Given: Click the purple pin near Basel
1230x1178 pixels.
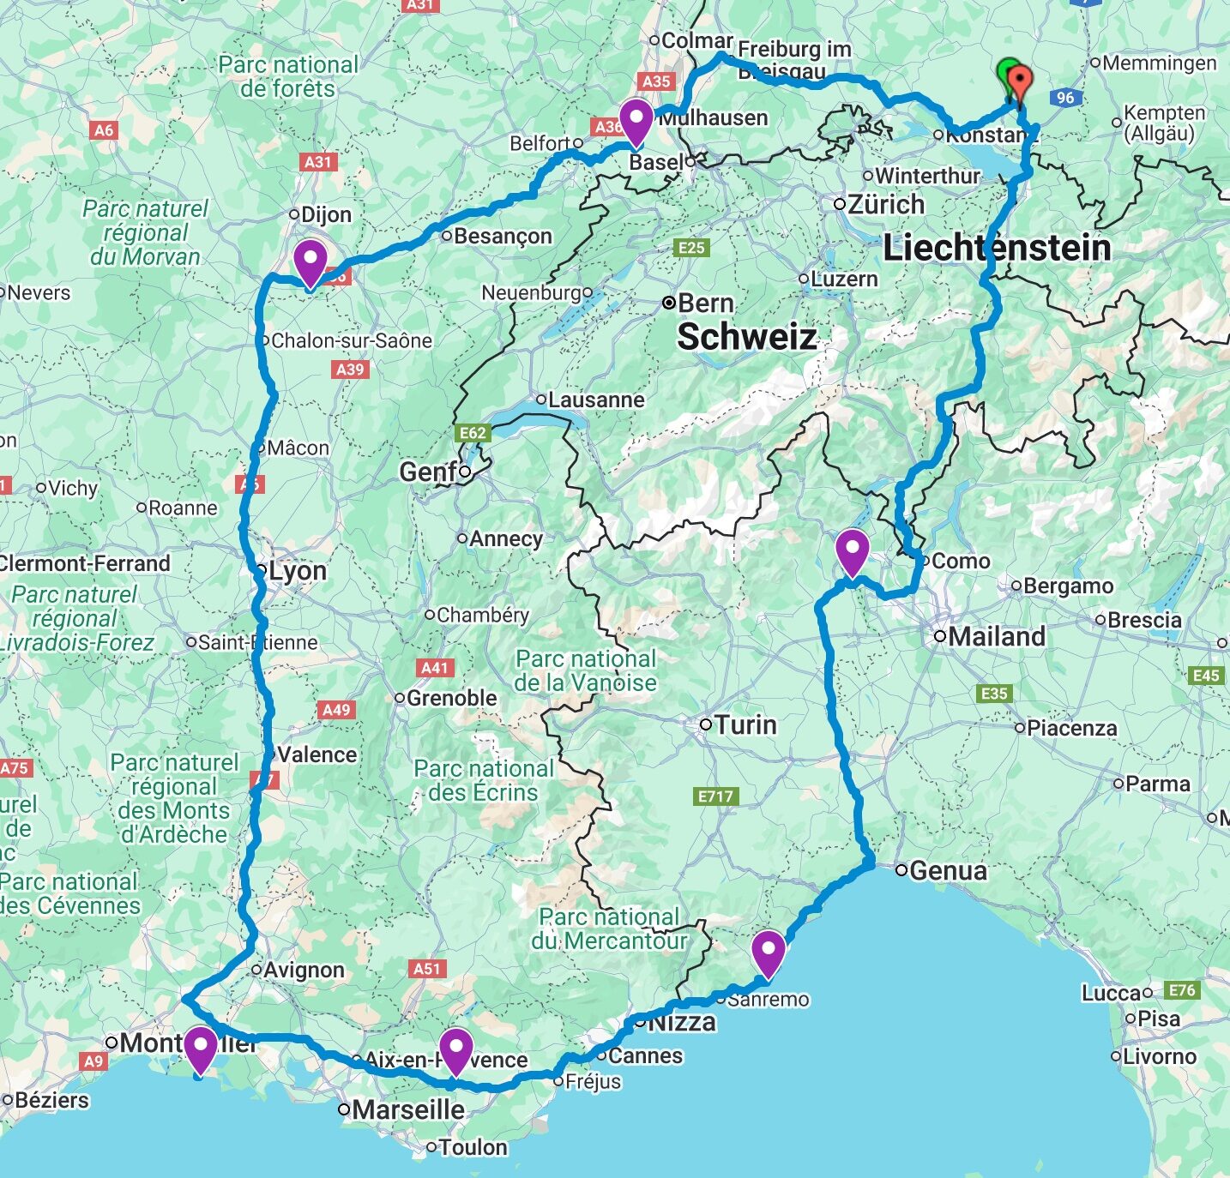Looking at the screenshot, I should [x=636, y=121].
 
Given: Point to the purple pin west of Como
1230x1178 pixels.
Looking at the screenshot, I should [x=852, y=551].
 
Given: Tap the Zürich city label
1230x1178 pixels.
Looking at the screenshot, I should [x=886, y=205].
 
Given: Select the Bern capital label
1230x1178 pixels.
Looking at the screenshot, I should [x=705, y=304].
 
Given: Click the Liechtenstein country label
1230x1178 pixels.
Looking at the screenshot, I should [x=997, y=248].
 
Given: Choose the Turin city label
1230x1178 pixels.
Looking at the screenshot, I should [x=745, y=725].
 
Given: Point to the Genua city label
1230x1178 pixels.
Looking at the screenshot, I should [x=948, y=871].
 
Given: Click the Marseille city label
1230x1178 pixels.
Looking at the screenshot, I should [x=408, y=1109].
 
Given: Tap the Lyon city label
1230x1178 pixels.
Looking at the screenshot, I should [x=297, y=571].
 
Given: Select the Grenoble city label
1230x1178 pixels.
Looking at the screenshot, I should [x=451, y=698].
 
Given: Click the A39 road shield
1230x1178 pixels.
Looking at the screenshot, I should [x=350, y=370].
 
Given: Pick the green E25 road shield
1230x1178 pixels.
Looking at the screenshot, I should [x=691, y=248].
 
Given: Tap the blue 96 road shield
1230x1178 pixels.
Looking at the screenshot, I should [x=1065, y=97].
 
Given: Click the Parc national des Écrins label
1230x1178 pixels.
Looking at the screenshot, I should [x=484, y=780].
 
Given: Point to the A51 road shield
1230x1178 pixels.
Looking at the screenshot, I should [x=426, y=969].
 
